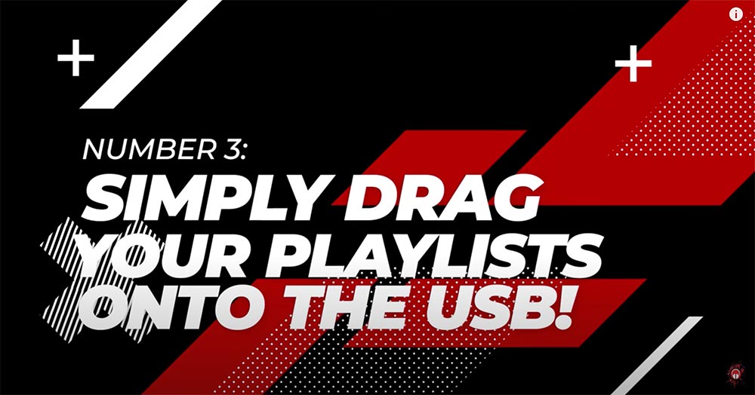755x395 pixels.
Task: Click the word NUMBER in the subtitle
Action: coord(149,149)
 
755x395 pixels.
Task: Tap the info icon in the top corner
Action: coord(735,14)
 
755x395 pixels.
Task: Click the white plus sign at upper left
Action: coord(75,58)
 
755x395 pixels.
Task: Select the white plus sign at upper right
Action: coord(633,63)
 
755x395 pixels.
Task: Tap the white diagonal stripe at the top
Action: coord(151,54)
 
